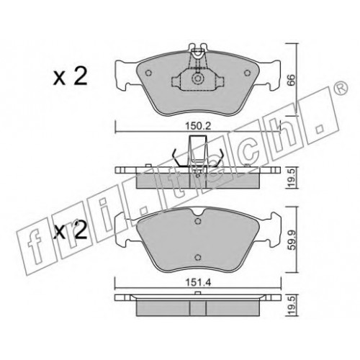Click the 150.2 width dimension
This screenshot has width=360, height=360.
pyautogui.click(x=198, y=126)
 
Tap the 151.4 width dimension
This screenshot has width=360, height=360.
pyautogui.click(x=198, y=283)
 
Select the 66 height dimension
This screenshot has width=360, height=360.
pyautogui.click(x=291, y=80)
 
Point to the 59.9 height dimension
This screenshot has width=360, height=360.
pyautogui.click(x=291, y=240)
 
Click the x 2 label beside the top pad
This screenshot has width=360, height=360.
pyautogui.click(x=71, y=76)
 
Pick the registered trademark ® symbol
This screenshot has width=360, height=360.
pyautogui.click(x=341, y=88)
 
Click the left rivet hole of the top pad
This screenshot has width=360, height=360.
pyautogui.click(x=148, y=73)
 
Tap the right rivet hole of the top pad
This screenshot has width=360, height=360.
pyautogui.click(x=247, y=73)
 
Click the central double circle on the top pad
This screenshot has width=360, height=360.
pyautogui.click(x=198, y=78)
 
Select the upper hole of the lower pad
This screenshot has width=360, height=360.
pyautogui.click(x=198, y=221)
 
